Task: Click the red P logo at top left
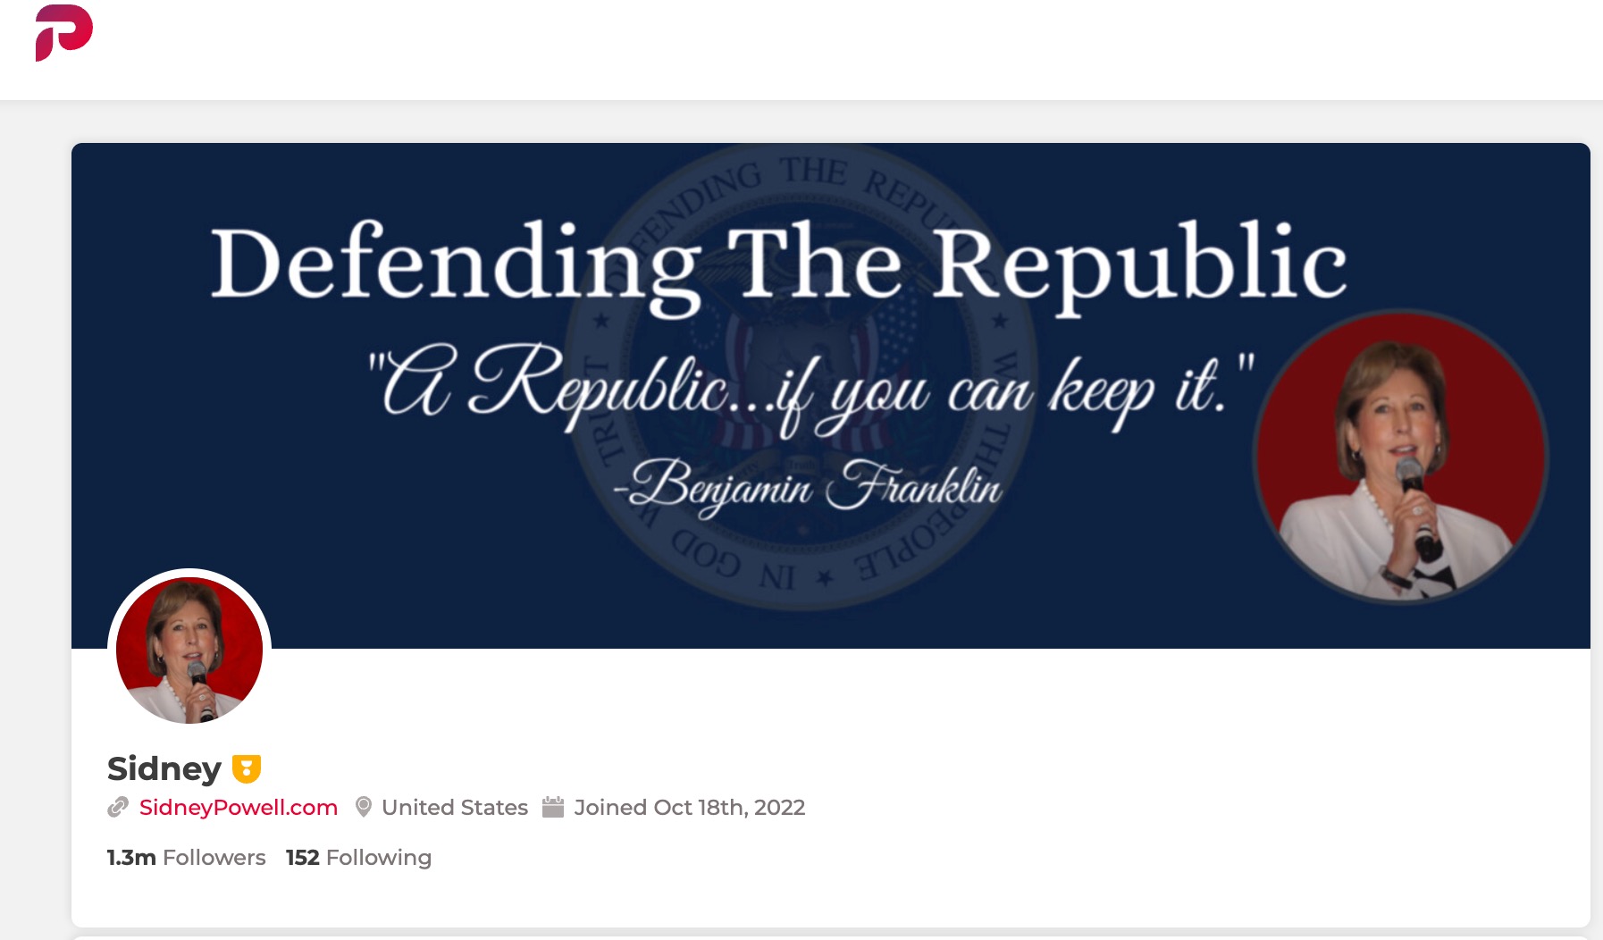pos(63,32)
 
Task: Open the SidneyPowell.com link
pos(239,808)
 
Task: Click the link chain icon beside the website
pos(118,808)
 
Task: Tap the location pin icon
pos(364,807)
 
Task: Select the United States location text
pos(455,808)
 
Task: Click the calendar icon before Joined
pos(553,807)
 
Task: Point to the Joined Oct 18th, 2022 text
pos(689,808)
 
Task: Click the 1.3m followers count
pos(131,858)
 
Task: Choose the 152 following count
pos(302,858)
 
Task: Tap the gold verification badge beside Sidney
pos(247,768)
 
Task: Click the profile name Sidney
pos(164,768)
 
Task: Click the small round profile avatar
pos(189,650)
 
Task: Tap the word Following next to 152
pos(379,858)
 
